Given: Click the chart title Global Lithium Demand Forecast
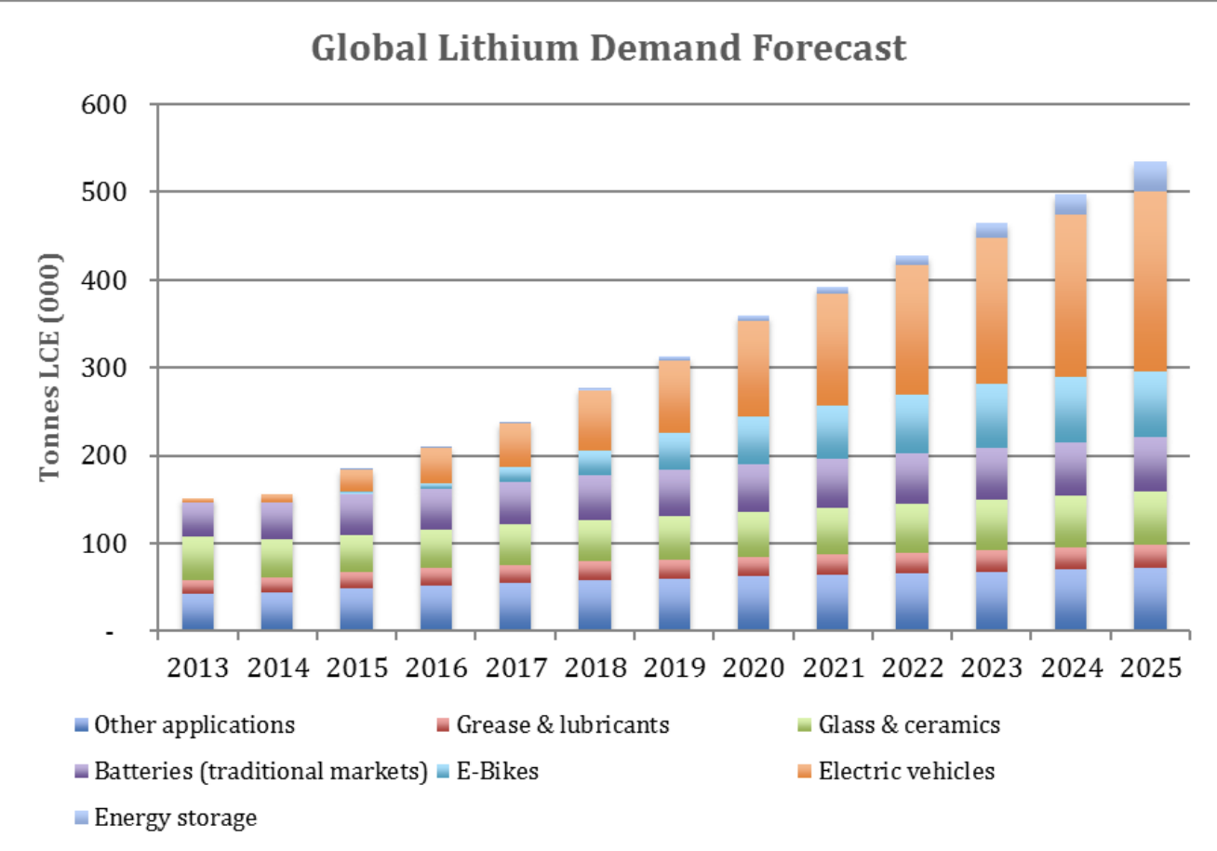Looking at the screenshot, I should pos(608,48).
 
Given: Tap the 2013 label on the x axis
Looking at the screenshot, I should pos(196,668).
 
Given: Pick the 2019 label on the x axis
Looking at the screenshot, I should pos(675,668).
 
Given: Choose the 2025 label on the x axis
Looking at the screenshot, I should pos(1152,668).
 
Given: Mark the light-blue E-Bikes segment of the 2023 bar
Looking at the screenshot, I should pos(993,415).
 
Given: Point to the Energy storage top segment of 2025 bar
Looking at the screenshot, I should pos(1152,176).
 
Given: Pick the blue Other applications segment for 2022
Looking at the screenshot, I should pos(914,601).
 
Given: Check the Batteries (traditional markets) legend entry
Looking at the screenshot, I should pos(261,772).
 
